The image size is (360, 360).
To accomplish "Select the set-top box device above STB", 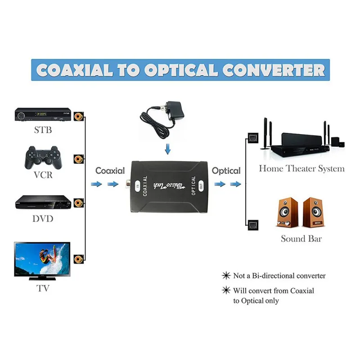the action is tap(43, 115).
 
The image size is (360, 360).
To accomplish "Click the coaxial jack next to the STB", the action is tap(79, 116).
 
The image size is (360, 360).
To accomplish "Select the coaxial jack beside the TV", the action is tap(79, 258).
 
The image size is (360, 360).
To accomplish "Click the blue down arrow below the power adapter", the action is tap(168, 148).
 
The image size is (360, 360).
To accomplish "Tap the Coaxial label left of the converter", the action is tap(110, 171).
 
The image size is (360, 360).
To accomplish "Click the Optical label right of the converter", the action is tap(226, 171).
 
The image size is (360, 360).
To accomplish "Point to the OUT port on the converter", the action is tap(201, 184).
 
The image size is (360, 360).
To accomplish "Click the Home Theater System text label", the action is tap(301, 169).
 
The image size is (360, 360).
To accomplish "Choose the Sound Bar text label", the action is tap(301, 238).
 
